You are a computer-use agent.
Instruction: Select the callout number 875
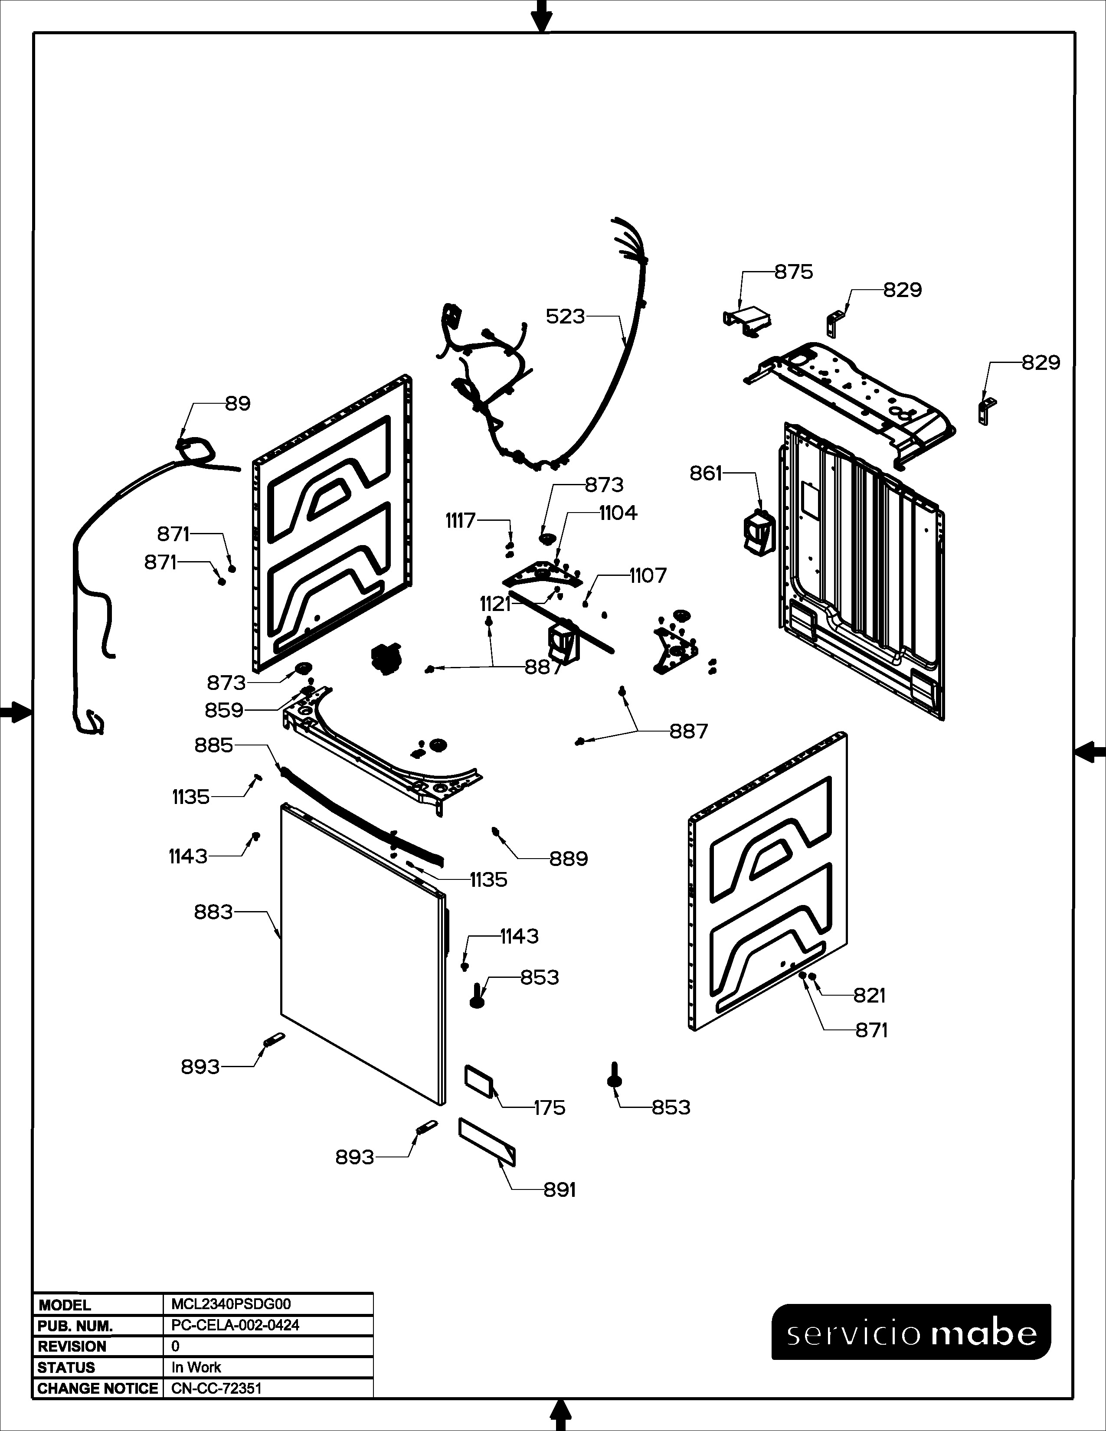tap(793, 272)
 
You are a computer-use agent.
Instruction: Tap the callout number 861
tap(706, 473)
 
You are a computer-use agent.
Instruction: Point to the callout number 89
tap(238, 404)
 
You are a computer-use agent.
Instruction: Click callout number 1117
tap(461, 521)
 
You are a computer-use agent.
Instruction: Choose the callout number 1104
tap(618, 513)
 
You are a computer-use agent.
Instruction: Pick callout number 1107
tap(648, 575)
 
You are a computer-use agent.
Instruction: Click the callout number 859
tap(224, 710)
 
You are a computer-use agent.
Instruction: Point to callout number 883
tap(213, 912)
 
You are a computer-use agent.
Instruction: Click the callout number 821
tap(870, 995)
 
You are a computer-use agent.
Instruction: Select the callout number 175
tap(549, 1108)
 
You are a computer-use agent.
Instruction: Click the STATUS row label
tap(66, 1367)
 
